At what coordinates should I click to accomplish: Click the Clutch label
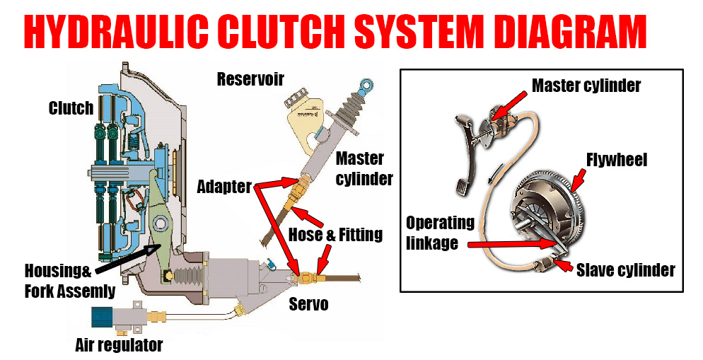click(x=71, y=108)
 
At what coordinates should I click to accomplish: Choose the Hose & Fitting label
click(x=335, y=234)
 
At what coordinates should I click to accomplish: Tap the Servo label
click(x=308, y=305)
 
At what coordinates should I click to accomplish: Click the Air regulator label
click(x=119, y=345)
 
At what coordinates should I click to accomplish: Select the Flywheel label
click(x=616, y=161)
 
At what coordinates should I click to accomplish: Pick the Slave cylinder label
click(x=625, y=269)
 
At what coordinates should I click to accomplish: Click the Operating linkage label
click(x=440, y=232)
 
